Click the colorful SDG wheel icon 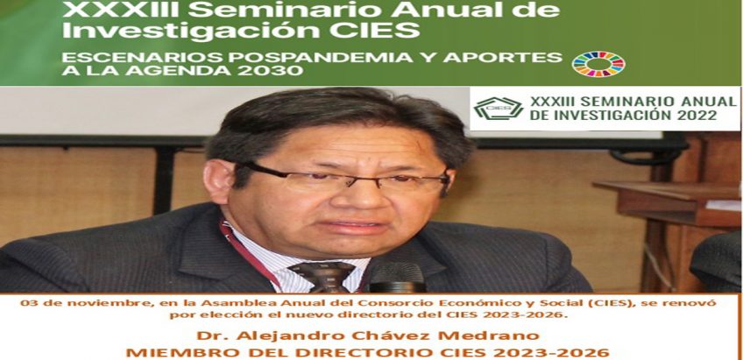click(598, 64)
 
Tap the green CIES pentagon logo click(499, 108)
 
